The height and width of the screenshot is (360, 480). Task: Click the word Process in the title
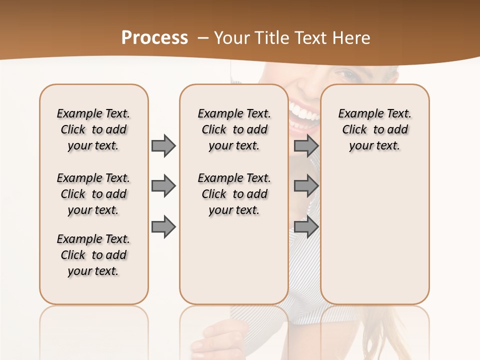154,38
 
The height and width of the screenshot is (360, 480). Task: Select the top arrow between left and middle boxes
163,145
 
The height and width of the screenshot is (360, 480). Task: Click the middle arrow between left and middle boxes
163,186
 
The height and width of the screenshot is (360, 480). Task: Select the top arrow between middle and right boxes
306,145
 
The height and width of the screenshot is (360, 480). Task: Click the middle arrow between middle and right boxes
306,186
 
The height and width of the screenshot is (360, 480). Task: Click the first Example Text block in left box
93,129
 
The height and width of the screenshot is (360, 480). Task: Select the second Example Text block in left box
93,194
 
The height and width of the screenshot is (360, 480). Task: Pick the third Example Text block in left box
93,255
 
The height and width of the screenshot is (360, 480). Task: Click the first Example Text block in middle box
234,129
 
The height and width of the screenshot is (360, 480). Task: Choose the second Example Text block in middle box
234,194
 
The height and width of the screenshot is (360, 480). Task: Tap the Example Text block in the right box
374,129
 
